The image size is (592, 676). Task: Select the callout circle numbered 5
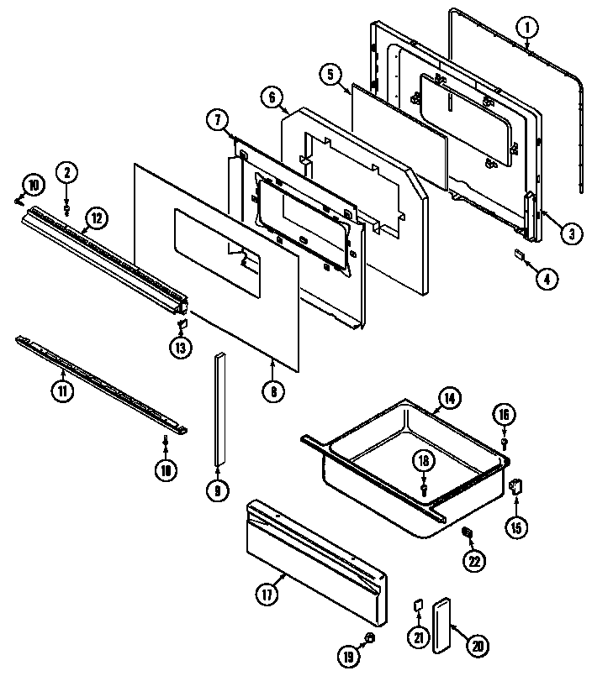pyautogui.click(x=330, y=75)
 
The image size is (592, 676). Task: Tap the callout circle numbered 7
pyautogui.click(x=217, y=121)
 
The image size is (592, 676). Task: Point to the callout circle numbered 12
pyautogui.click(x=96, y=218)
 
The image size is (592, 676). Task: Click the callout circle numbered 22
pyautogui.click(x=475, y=561)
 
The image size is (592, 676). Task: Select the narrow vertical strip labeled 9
pyautogui.click(x=221, y=407)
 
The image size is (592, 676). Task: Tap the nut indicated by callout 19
pyautogui.click(x=369, y=640)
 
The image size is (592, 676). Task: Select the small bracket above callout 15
pyautogui.click(x=517, y=486)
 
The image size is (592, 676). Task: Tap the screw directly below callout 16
pyautogui.click(x=504, y=441)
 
